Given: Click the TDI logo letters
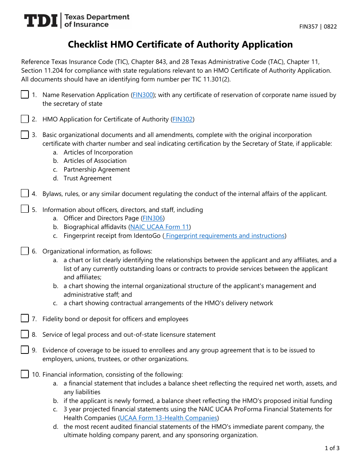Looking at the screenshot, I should tap(41, 21).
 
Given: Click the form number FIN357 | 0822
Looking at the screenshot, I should tap(318, 27).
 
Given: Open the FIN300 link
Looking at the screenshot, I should tap(142, 95).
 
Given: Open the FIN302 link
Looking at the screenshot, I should tap(182, 119).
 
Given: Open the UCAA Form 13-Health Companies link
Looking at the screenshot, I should tap(168, 418).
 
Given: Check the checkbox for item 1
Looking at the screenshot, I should tap(25, 95).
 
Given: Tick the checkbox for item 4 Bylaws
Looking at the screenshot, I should tap(25, 193).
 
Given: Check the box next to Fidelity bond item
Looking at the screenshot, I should tap(25, 318).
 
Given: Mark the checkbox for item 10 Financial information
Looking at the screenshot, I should tap(25, 374).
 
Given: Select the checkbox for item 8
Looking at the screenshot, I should tap(25, 334).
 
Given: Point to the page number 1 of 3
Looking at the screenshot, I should tap(332, 448).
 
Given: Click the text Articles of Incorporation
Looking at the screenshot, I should tap(98, 153).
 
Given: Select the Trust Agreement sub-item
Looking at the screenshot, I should tap(87, 178).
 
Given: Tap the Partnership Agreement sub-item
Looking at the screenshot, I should tap(97, 170).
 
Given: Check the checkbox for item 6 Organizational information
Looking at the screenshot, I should tap(25, 251).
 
